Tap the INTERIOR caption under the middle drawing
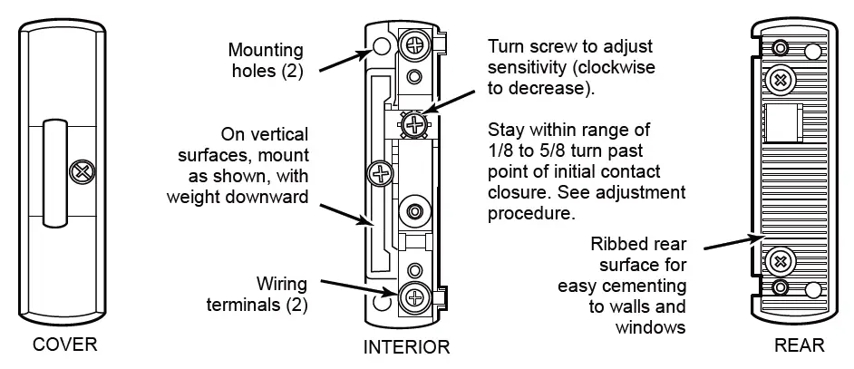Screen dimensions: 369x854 [x=406, y=347]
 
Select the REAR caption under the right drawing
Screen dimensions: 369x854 [x=799, y=345]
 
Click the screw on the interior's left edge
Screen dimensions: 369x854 [x=378, y=170]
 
